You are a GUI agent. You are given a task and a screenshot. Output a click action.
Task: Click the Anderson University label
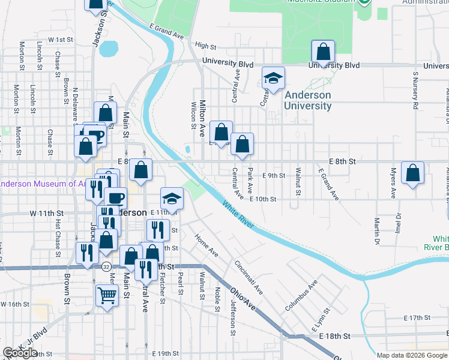point(308,100)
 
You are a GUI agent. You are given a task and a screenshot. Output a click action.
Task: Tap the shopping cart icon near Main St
point(107,295)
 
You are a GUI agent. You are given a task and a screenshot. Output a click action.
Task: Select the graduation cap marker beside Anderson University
point(273,78)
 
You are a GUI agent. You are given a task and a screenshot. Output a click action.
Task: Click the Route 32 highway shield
point(105,265)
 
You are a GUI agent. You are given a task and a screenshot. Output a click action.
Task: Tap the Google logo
point(20,353)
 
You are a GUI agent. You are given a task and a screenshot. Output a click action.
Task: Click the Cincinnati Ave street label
point(249,277)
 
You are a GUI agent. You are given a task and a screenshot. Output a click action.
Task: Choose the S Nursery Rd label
point(415,90)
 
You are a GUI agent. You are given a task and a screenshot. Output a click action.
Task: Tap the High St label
point(205,46)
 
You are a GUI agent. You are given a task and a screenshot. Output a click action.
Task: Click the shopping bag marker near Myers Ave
point(412,174)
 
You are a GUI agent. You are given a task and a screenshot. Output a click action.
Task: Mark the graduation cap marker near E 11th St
point(172,199)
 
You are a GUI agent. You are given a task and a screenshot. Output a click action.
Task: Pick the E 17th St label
point(418,317)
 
